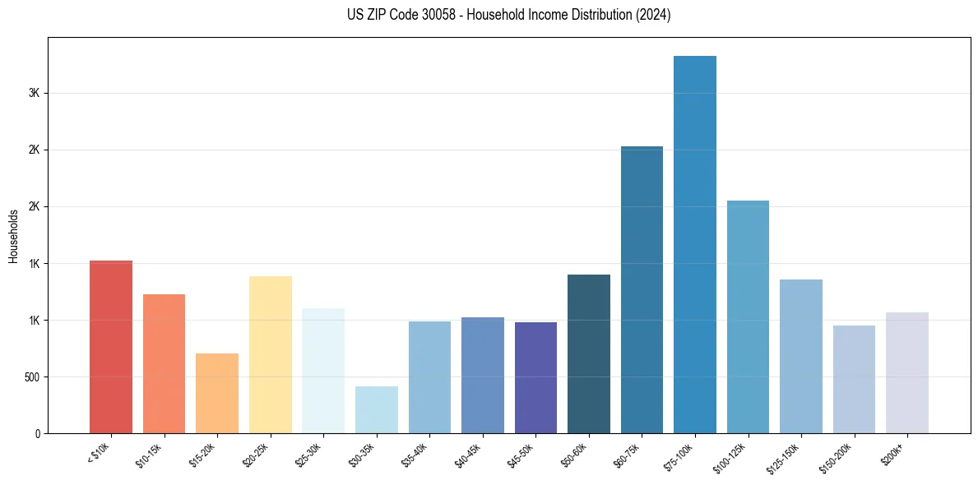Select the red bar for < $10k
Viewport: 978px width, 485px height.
tap(111, 346)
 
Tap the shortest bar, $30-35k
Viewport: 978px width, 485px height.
tap(376, 409)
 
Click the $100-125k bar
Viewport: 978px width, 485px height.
tap(748, 316)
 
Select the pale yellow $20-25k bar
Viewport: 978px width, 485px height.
tap(270, 354)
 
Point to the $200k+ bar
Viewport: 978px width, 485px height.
tap(906, 372)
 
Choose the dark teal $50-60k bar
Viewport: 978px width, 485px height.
tap(589, 353)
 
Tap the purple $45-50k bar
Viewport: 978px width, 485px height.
tap(535, 377)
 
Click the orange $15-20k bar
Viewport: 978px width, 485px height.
tap(217, 393)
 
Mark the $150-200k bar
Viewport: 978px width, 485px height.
tap(854, 379)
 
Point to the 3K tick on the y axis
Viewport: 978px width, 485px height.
tap(35, 93)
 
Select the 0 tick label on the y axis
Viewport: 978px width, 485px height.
tap(37, 433)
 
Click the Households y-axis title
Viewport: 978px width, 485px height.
tap(13, 236)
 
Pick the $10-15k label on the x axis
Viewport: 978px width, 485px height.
tap(150, 454)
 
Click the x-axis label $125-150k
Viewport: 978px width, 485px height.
tap(786, 456)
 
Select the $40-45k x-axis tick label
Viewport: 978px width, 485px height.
tap(468, 454)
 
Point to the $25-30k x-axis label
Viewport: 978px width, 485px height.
tap(308, 454)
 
